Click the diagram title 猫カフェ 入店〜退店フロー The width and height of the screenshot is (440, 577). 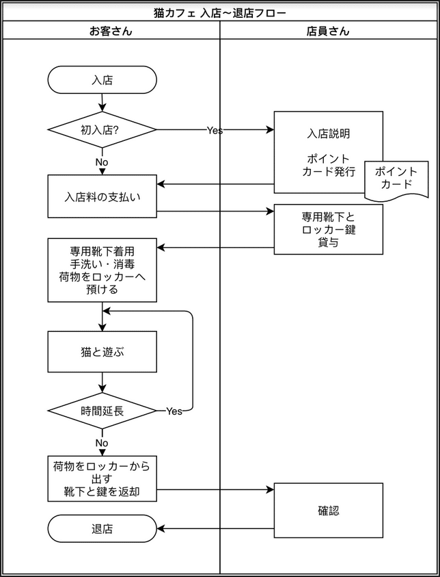(x=220, y=13)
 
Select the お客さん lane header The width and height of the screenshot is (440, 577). (x=111, y=31)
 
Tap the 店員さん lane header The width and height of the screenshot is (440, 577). (x=329, y=31)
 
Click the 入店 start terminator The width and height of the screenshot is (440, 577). (x=102, y=79)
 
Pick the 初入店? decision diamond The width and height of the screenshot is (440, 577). (x=102, y=129)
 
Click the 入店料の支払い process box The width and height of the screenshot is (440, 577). (x=102, y=196)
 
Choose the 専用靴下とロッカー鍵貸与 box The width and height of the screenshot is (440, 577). (x=328, y=229)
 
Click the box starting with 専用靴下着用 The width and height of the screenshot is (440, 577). (x=102, y=270)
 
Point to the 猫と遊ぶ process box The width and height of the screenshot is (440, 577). (x=102, y=352)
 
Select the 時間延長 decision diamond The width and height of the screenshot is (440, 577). (x=102, y=411)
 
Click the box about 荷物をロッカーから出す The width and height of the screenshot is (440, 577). (x=102, y=478)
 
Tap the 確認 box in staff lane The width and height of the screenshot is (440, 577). (x=328, y=511)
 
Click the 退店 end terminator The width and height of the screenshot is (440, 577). (x=102, y=528)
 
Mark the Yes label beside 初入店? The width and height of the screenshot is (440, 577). (x=215, y=130)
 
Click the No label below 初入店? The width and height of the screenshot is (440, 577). (x=102, y=162)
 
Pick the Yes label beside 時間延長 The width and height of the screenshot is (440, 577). (x=174, y=411)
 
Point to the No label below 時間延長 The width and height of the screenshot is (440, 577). (x=102, y=443)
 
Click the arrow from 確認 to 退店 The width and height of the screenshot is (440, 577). (x=215, y=528)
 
